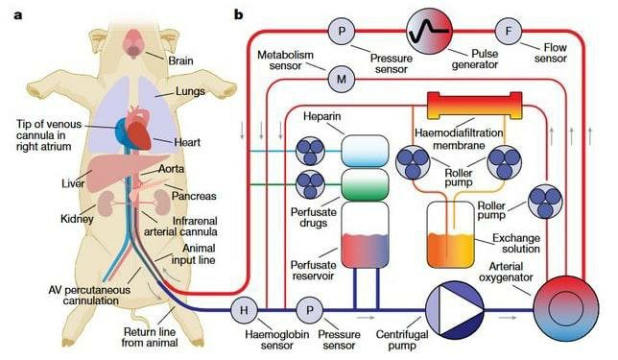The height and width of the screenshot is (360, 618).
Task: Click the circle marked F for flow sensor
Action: click(508, 31)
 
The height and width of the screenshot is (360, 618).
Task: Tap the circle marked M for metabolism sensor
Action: click(342, 79)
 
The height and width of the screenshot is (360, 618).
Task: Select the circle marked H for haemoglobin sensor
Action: click(244, 310)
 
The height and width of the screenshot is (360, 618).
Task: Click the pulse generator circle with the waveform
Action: click(429, 30)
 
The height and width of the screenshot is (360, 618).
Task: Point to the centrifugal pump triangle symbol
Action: click(455, 309)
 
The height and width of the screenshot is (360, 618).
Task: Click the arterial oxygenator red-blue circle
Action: click(565, 309)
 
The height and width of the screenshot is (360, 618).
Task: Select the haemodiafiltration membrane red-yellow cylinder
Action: click(474, 106)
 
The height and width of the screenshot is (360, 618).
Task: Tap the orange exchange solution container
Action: click(450, 234)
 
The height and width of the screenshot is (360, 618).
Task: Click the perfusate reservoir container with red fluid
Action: click(365, 235)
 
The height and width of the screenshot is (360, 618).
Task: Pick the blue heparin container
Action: click(365, 151)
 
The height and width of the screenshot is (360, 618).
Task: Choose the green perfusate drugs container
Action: click(365, 184)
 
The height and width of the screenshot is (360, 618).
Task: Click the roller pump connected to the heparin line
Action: click(310, 151)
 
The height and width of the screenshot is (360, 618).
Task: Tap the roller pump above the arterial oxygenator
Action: click(545, 202)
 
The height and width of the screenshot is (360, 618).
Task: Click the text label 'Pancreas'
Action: click(194, 196)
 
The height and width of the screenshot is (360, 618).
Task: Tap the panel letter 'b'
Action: click(238, 15)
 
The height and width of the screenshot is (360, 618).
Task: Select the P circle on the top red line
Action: click(342, 31)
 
